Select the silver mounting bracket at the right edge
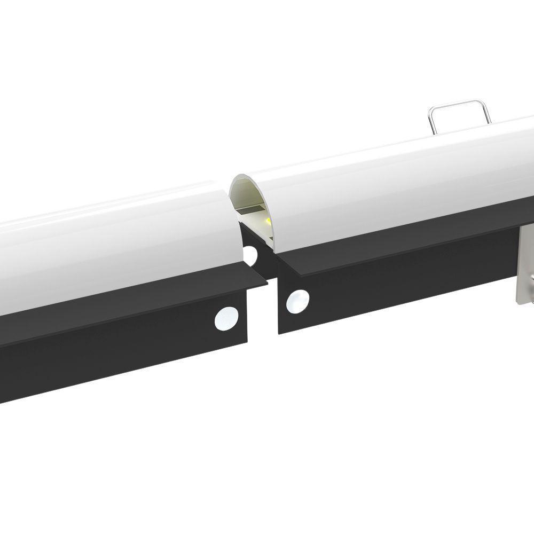coord(526,267)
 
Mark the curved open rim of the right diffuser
coord(235,184)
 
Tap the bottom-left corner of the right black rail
coord(279,332)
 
